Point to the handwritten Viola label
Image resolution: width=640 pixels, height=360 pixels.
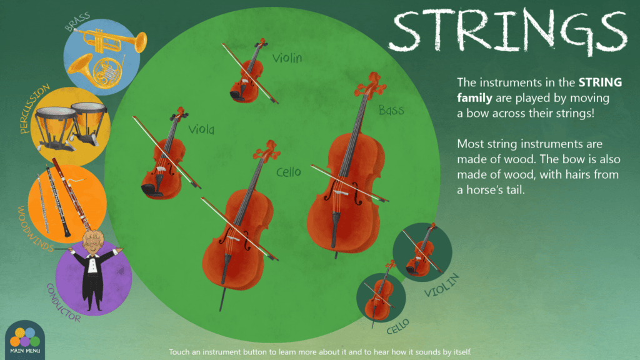pyautogui.click(x=201, y=130)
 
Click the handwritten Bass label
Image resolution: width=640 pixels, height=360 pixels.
pyautogui.click(x=391, y=110)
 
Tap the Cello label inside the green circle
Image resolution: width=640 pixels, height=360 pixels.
pyautogui.click(x=289, y=172)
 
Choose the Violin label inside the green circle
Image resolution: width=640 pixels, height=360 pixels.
pyautogui.click(x=287, y=58)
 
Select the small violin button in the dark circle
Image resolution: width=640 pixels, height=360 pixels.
pyautogui.click(x=422, y=252)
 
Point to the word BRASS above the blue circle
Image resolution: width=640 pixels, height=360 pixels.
pyautogui.click(x=77, y=22)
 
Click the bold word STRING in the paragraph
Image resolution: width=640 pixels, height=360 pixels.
pyautogui.click(x=600, y=82)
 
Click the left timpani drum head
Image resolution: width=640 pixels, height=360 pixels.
pyautogui.click(x=56, y=112)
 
